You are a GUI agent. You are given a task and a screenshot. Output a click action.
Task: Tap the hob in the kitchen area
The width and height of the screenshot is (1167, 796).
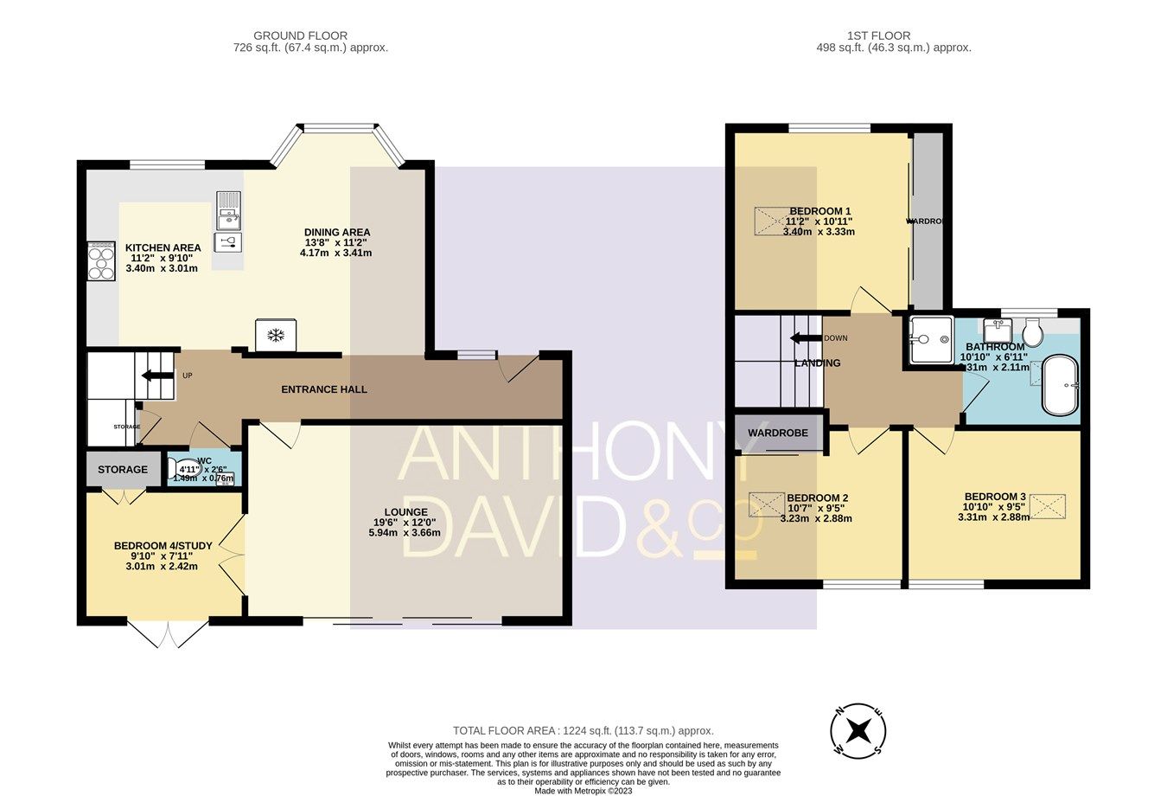point(101,260)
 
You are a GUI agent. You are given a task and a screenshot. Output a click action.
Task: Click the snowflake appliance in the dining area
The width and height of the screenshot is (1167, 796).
point(276,335)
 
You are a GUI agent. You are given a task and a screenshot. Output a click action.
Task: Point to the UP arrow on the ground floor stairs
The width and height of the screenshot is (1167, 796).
point(157,376)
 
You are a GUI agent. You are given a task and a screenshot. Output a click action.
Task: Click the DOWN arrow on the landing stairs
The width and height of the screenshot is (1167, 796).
point(806,338)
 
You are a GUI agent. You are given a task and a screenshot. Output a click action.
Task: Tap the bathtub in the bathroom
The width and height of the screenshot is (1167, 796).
point(1061,385)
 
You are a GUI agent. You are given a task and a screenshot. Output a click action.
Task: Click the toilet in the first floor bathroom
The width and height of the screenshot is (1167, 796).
point(1032,333)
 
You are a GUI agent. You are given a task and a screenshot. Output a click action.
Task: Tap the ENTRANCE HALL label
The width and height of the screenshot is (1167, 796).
point(324,389)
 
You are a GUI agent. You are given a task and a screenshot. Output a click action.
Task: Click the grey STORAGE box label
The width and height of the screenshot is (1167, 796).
point(123,470)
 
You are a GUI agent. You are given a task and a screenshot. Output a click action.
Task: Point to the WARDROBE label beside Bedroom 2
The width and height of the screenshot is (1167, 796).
point(778,433)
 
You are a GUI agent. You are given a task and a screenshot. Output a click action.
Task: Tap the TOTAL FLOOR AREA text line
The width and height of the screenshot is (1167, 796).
point(583,731)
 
